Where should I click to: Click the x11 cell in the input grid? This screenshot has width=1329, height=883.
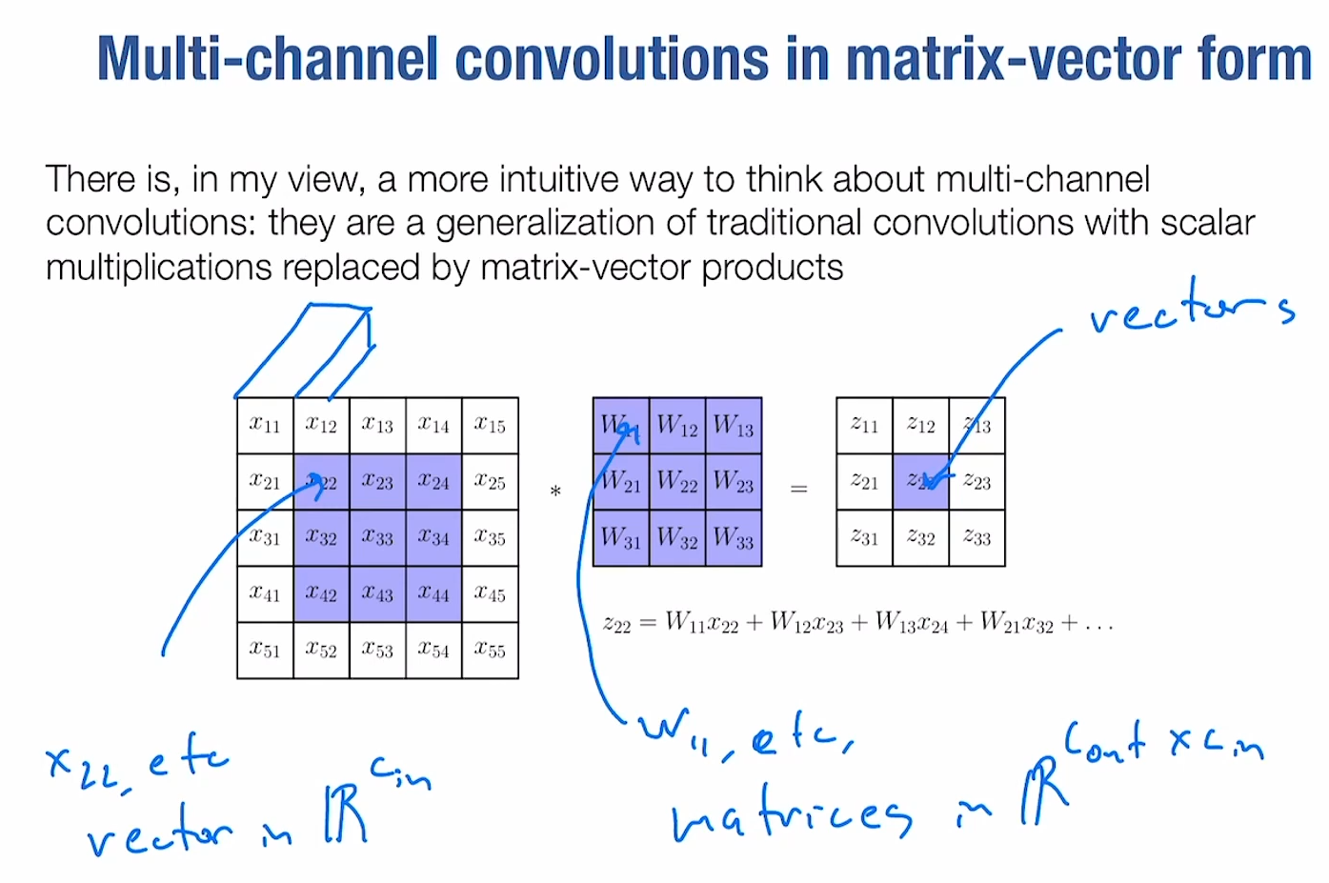tap(265, 426)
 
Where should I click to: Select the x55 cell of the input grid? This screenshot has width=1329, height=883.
tap(490, 651)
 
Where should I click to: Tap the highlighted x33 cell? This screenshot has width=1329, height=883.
tap(377, 538)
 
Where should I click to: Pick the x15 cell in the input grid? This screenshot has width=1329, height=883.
tap(490, 426)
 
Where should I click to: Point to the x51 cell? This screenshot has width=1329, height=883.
tap(265, 651)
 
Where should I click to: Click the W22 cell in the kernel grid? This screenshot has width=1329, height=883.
tap(677, 482)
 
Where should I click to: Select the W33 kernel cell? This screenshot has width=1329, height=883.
tap(734, 538)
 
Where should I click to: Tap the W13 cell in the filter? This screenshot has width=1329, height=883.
tap(734, 426)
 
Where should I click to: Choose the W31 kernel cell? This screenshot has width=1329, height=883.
tap(621, 538)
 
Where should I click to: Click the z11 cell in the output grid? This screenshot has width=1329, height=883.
tap(864, 426)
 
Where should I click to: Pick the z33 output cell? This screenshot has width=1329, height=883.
tap(977, 538)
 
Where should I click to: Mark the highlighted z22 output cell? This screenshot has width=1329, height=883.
tap(920, 482)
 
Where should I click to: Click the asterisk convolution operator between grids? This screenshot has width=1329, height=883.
tap(555, 492)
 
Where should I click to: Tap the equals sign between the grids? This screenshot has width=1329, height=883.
tap(798, 490)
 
